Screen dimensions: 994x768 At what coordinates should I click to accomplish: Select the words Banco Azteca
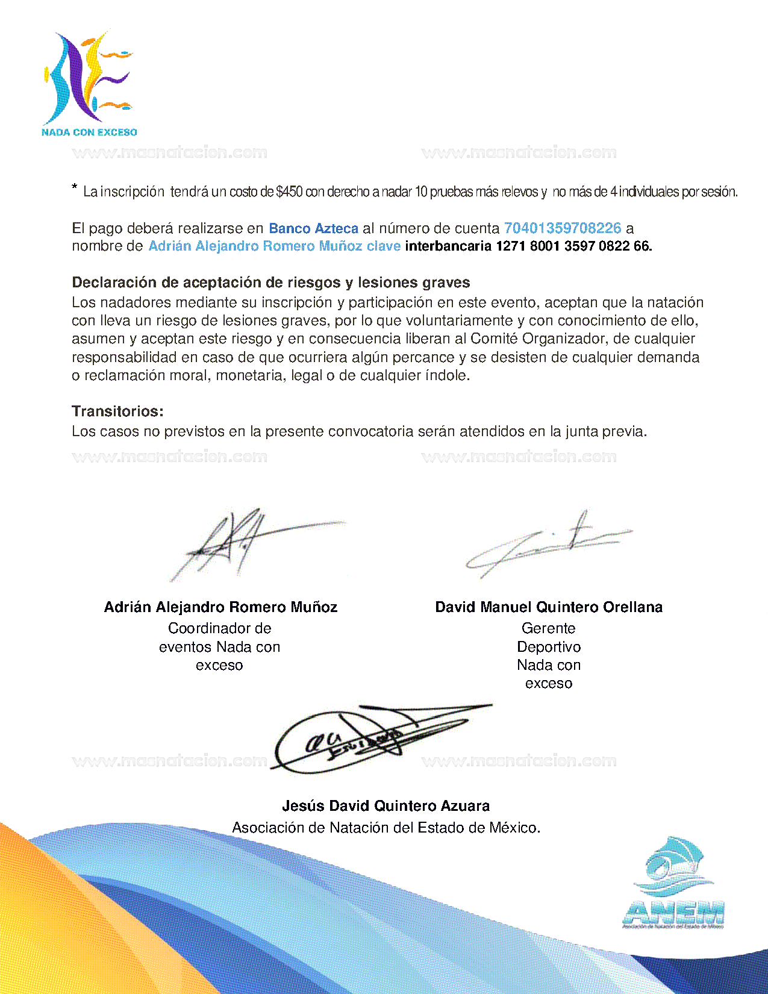tap(313, 228)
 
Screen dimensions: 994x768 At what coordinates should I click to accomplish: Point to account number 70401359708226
tap(562, 228)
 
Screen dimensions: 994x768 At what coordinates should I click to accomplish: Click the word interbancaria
tap(448, 246)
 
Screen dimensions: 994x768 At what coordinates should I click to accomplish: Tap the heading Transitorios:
tap(117, 411)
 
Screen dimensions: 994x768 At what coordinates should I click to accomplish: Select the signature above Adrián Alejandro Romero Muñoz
tap(241, 542)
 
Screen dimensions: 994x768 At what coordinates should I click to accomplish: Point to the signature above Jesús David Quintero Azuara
tap(373, 738)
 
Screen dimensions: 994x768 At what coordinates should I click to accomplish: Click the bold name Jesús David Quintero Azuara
tap(386, 806)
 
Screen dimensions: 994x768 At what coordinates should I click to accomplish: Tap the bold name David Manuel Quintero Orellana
tap(549, 607)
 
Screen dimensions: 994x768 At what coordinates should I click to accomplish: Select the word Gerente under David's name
tap(548, 628)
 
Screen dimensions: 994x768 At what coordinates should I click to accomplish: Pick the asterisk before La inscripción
tap(75, 188)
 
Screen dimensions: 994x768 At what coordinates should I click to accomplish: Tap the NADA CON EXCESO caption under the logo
tap(89, 132)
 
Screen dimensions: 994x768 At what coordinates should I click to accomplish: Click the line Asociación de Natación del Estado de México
tap(386, 828)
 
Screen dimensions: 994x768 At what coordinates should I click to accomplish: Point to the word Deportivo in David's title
tap(549, 647)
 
